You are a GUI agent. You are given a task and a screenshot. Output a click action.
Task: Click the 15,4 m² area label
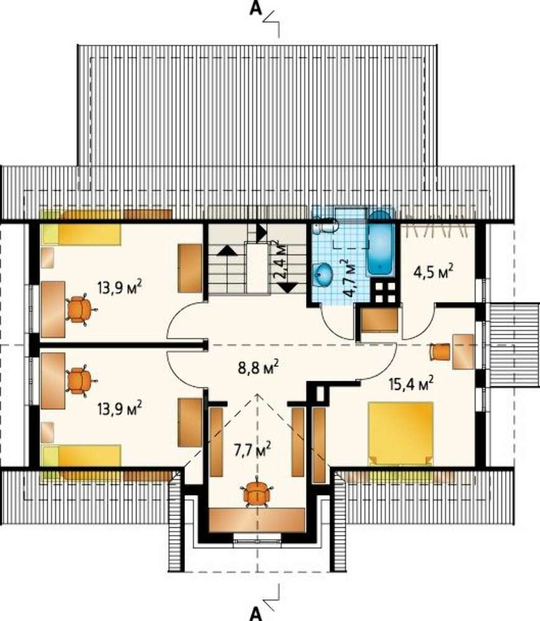point(411,383)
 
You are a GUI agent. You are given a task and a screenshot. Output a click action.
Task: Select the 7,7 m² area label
point(253,450)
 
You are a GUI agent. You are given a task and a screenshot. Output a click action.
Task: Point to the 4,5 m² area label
point(433,272)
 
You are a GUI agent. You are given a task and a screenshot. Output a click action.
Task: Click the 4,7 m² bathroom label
point(348,278)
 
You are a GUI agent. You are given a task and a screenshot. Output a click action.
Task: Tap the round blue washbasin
point(323,274)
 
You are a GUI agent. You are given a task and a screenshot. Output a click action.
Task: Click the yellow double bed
point(400,433)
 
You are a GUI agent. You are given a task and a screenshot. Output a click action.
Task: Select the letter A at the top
point(256,9)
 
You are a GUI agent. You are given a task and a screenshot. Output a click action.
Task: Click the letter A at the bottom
point(256,614)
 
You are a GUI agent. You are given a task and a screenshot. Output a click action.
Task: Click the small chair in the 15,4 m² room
point(440,351)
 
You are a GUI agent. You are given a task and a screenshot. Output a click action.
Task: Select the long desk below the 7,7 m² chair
point(256,520)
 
